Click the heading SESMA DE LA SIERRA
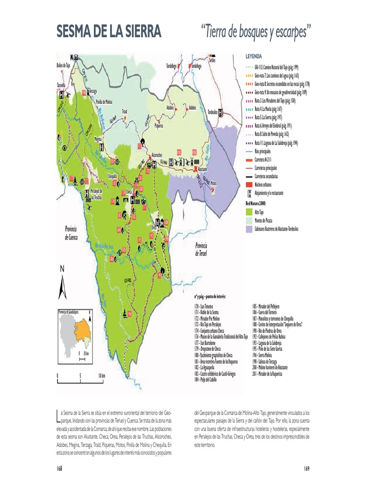pos(109,32)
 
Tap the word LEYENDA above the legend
pos(254,56)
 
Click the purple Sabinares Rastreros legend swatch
pos(248,229)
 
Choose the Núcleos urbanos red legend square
pos(248,185)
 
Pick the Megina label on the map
pos(99,139)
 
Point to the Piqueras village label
pos(159,126)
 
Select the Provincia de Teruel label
pos(201,249)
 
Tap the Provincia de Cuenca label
pos(71,233)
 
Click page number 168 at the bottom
pos(60,468)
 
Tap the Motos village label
pos(213,183)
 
